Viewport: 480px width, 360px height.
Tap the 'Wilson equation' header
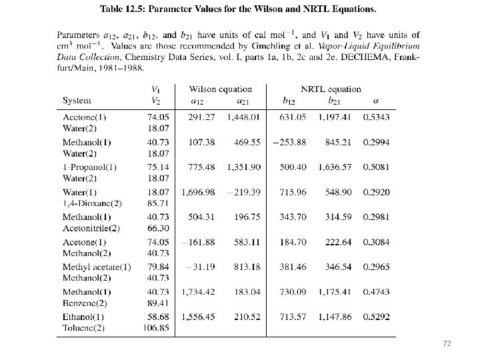pyautogui.click(x=221, y=89)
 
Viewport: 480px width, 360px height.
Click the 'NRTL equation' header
pyautogui.click(x=331, y=89)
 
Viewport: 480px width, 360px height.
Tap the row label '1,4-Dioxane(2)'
pyautogui.click(x=92, y=203)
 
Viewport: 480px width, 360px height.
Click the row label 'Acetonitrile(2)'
pyautogui.click(x=91, y=227)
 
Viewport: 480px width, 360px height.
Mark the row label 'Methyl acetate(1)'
pyautogui.click(x=97, y=267)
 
